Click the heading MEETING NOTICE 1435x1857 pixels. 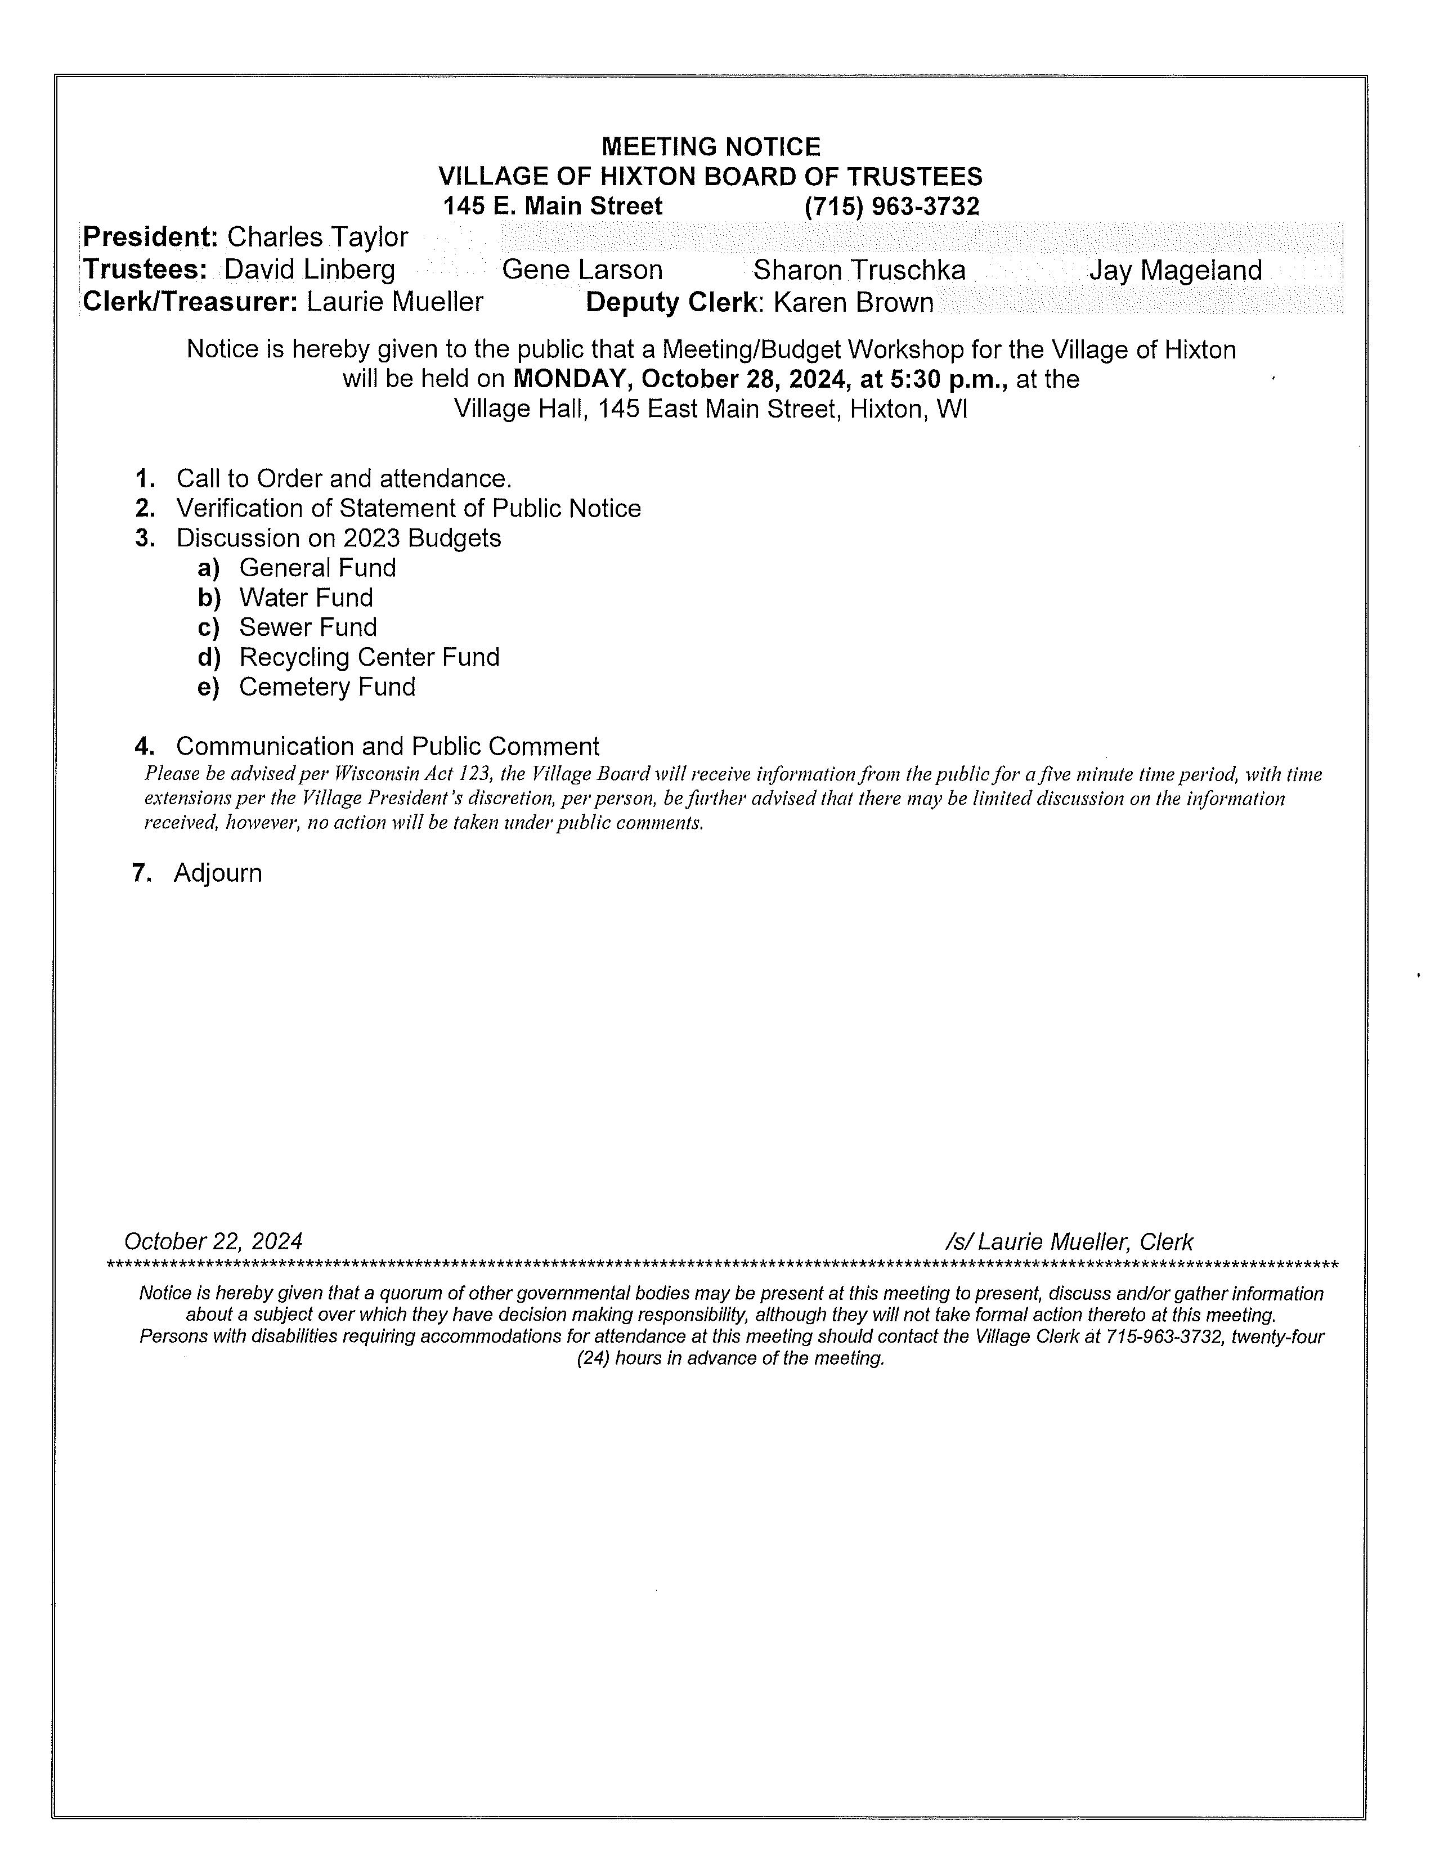point(711,147)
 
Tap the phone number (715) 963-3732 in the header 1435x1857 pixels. point(892,207)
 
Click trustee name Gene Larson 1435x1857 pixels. point(582,270)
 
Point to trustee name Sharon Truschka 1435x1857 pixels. point(859,270)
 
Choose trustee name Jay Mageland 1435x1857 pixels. point(1175,270)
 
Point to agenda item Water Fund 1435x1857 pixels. point(306,598)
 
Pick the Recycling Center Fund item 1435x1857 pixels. point(369,657)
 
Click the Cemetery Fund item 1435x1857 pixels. point(328,687)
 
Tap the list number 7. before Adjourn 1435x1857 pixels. point(142,873)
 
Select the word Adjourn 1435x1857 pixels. point(218,873)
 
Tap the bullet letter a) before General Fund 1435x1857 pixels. point(208,568)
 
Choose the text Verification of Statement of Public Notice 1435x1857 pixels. point(408,509)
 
